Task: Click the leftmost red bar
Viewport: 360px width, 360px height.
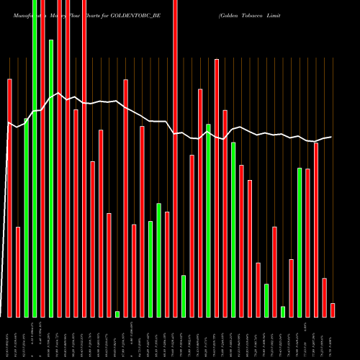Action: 9,198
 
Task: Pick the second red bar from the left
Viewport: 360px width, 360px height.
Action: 18,271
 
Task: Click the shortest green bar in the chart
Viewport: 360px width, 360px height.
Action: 117,314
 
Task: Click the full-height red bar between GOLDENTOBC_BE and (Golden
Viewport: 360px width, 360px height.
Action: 175,158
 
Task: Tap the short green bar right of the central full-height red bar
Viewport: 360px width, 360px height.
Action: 184,296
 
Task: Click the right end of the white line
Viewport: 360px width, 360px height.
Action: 331,137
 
